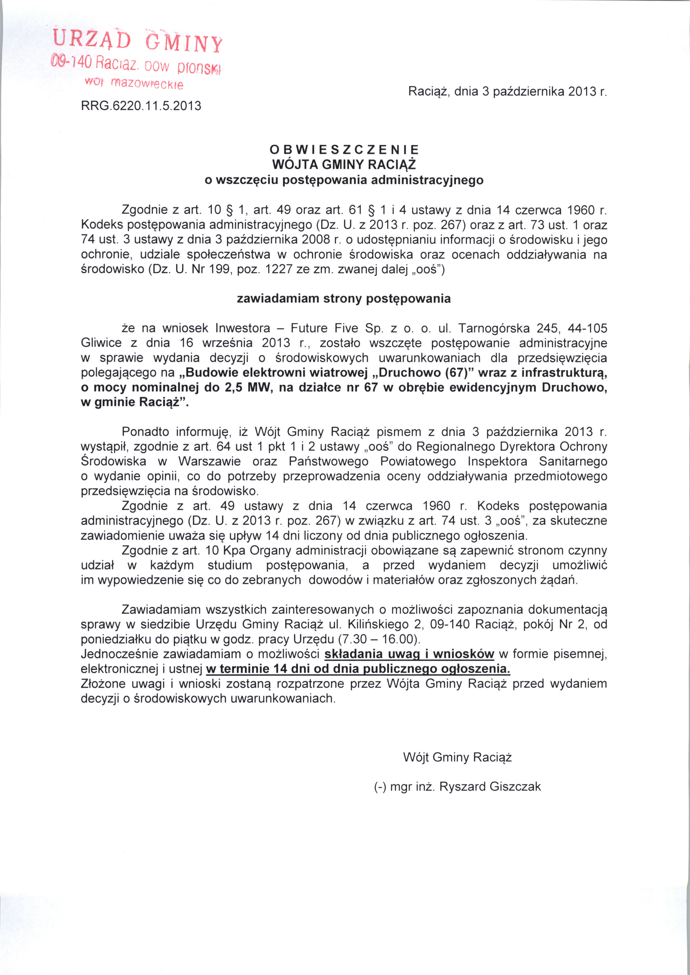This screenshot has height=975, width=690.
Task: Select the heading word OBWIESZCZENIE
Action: coord(344,149)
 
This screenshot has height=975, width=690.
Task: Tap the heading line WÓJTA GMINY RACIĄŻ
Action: coord(344,164)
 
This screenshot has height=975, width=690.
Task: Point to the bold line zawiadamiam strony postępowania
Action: coord(344,299)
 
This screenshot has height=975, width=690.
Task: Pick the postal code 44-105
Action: coord(587,328)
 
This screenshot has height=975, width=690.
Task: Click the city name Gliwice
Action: coord(101,343)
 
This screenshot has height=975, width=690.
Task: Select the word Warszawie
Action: coord(210,461)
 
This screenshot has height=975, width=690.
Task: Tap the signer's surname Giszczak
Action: coord(515,786)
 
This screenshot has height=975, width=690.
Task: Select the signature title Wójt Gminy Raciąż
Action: coord(457,757)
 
